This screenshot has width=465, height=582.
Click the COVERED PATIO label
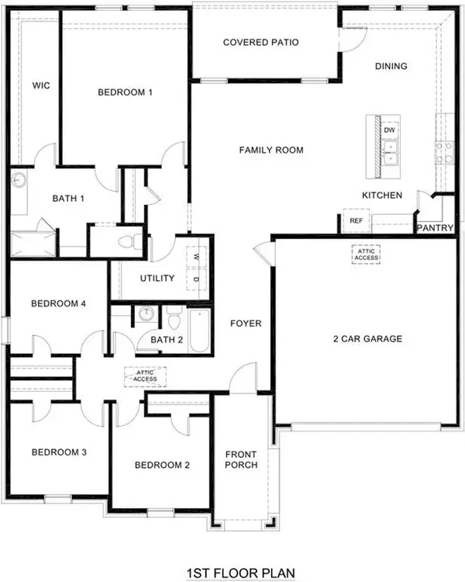pos(261,43)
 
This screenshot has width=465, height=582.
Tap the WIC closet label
pos(41,85)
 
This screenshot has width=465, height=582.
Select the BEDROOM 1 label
pos(125,92)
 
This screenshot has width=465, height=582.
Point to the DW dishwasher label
pos(390,130)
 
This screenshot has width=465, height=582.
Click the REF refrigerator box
pos(356,221)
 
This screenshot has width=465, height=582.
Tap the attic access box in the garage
pos(366,255)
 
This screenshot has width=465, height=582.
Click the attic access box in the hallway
pos(146,377)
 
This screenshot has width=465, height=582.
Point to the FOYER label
pos(246,324)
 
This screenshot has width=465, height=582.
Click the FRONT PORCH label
pos(241,460)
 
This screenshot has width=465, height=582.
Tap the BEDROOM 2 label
pos(161,466)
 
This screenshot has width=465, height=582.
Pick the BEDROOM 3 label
pos(58,452)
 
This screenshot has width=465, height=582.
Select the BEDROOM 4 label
pos(58,304)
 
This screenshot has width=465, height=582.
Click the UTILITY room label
pos(157,279)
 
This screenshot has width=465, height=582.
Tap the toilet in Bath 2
pos(174,319)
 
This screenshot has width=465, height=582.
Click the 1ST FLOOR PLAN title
pos(240,573)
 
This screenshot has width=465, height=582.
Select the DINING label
pos(391,66)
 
